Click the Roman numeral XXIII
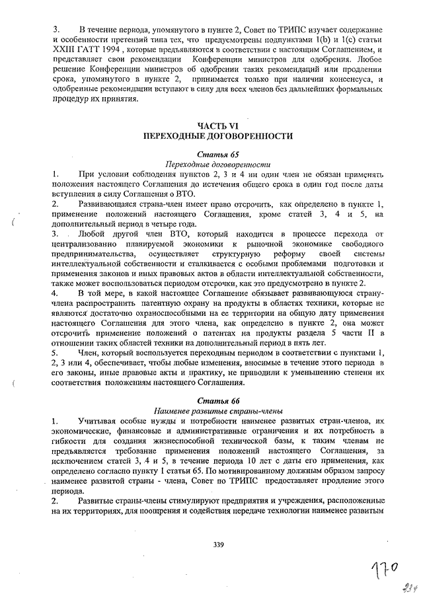pos(64,51)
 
